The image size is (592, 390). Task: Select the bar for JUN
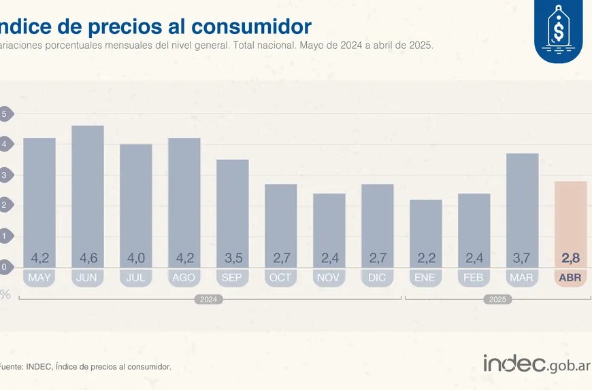click(x=88, y=190)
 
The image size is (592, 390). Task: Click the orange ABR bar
click(x=570, y=217)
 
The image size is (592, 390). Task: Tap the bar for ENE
click(x=425, y=228)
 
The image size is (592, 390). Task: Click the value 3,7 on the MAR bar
click(x=522, y=258)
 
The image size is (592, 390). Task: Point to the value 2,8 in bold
click(x=570, y=258)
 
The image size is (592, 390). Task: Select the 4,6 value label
click(x=88, y=258)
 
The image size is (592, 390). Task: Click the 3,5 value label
click(x=233, y=258)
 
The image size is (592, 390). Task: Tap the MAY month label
click(x=39, y=278)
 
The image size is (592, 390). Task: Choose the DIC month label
click(x=377, y=278)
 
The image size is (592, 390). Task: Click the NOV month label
click(x=329, y=278)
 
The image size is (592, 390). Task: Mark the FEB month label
click(x=474, y=278)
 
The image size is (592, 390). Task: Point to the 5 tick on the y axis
click(x=4, y=114)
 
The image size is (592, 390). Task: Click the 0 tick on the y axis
click(x=4, y=267)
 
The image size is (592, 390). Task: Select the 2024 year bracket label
click(x=208, y=299)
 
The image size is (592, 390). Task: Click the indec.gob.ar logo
click(x=536, y=364)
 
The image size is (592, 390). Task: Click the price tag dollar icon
click(x=559, y=31)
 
